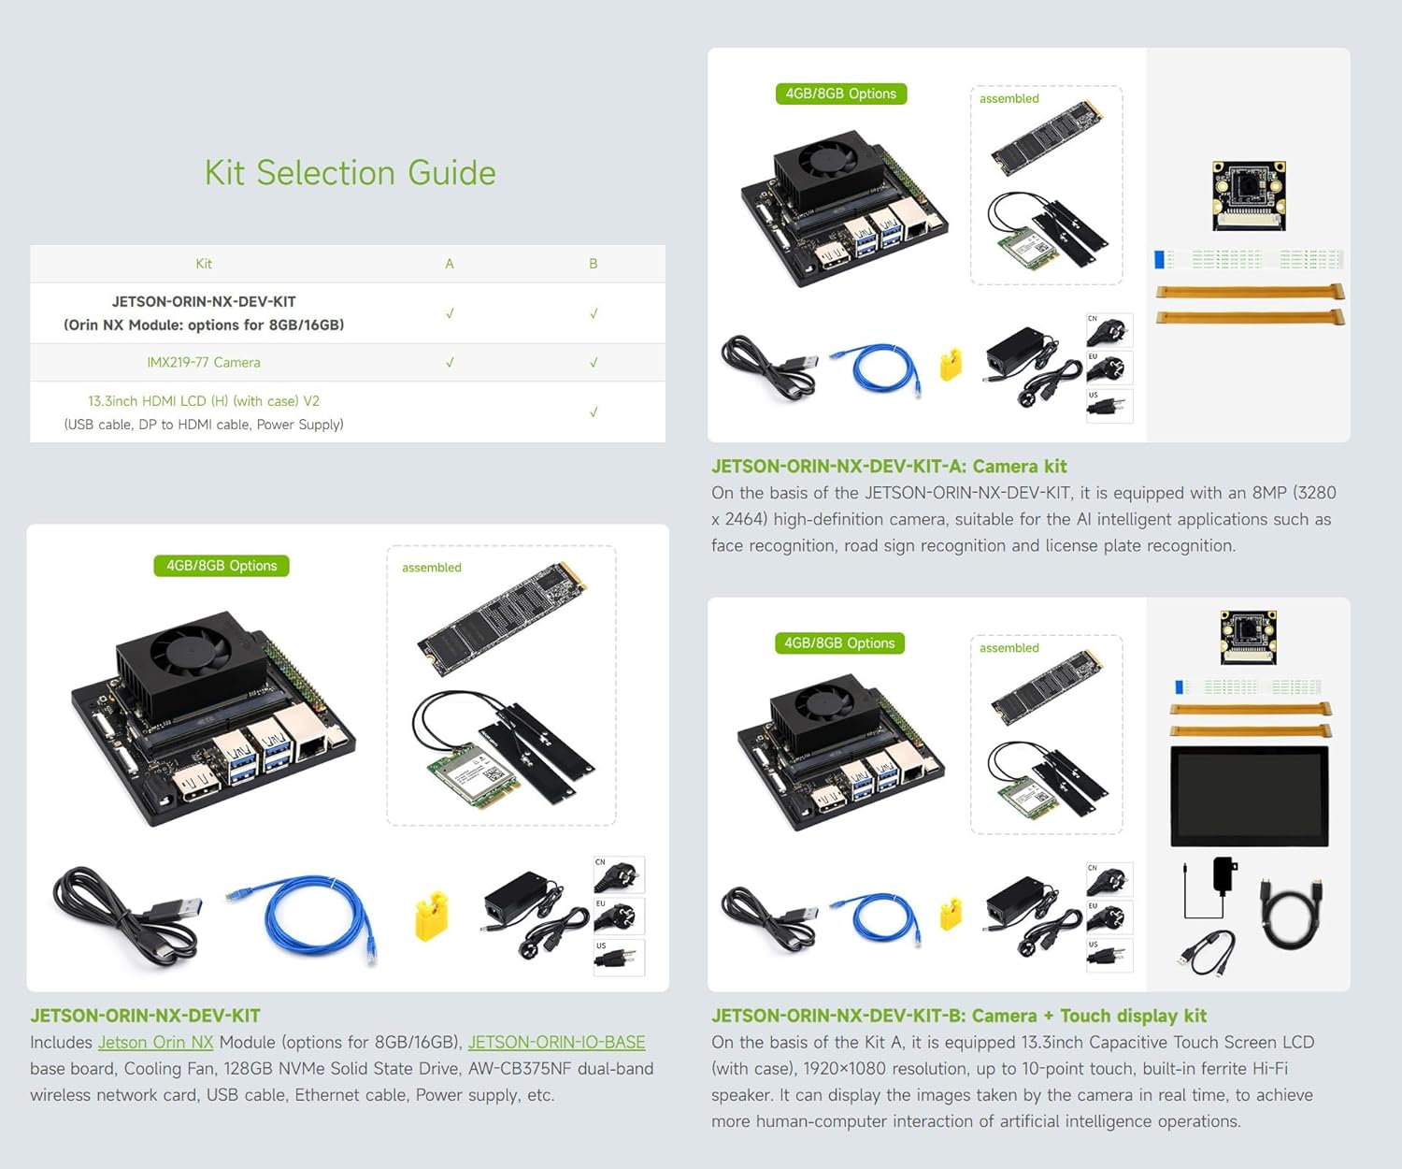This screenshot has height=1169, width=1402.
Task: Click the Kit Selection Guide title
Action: pyautogui.click(x=350, y=173)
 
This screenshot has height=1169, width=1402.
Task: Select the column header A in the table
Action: pyautogui.click(x=450, y=264)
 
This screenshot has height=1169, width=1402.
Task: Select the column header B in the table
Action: pyautogui.click(x=593, y=264)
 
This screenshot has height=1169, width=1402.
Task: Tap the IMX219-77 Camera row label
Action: pyautogui.click(x=203, y=362)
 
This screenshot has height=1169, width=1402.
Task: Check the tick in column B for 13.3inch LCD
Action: pyautogui.click(x=594, y=411)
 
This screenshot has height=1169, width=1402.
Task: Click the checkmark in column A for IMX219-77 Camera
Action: pyautogui.click(x=450, y=362)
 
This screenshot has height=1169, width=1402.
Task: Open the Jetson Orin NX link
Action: pyautogui.click(x=155, y=1042)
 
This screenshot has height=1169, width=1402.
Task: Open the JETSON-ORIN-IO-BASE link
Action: pyautogui.click(x=556, y=1042)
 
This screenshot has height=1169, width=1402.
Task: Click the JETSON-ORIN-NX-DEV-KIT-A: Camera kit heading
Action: pyautogui.click(x=889, y=466)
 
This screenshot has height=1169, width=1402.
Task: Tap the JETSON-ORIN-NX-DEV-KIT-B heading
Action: pyautogui.click(x=959, y=1016)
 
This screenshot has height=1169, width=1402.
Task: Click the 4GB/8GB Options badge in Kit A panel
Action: pyautogui.click(x=840, y=94)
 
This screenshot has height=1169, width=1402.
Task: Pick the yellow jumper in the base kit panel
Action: pyautogui.click(x=431, y=916)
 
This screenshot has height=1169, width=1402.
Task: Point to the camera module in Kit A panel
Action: pyautogui.click(x=1249, y=195)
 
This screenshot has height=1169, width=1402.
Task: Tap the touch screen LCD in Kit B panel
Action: pyautogui.click(x=1249, y=796)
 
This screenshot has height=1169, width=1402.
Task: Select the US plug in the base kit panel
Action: pyautogui.click(x=619, y=958)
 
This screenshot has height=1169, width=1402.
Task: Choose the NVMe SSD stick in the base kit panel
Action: pyautogui.click(x=501, y=618)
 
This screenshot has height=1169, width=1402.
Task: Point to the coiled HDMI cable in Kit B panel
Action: pyautogui.click(x=1291, y=913)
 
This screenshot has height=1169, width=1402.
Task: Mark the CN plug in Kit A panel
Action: pyautogui.click(x=1109, y=330)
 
